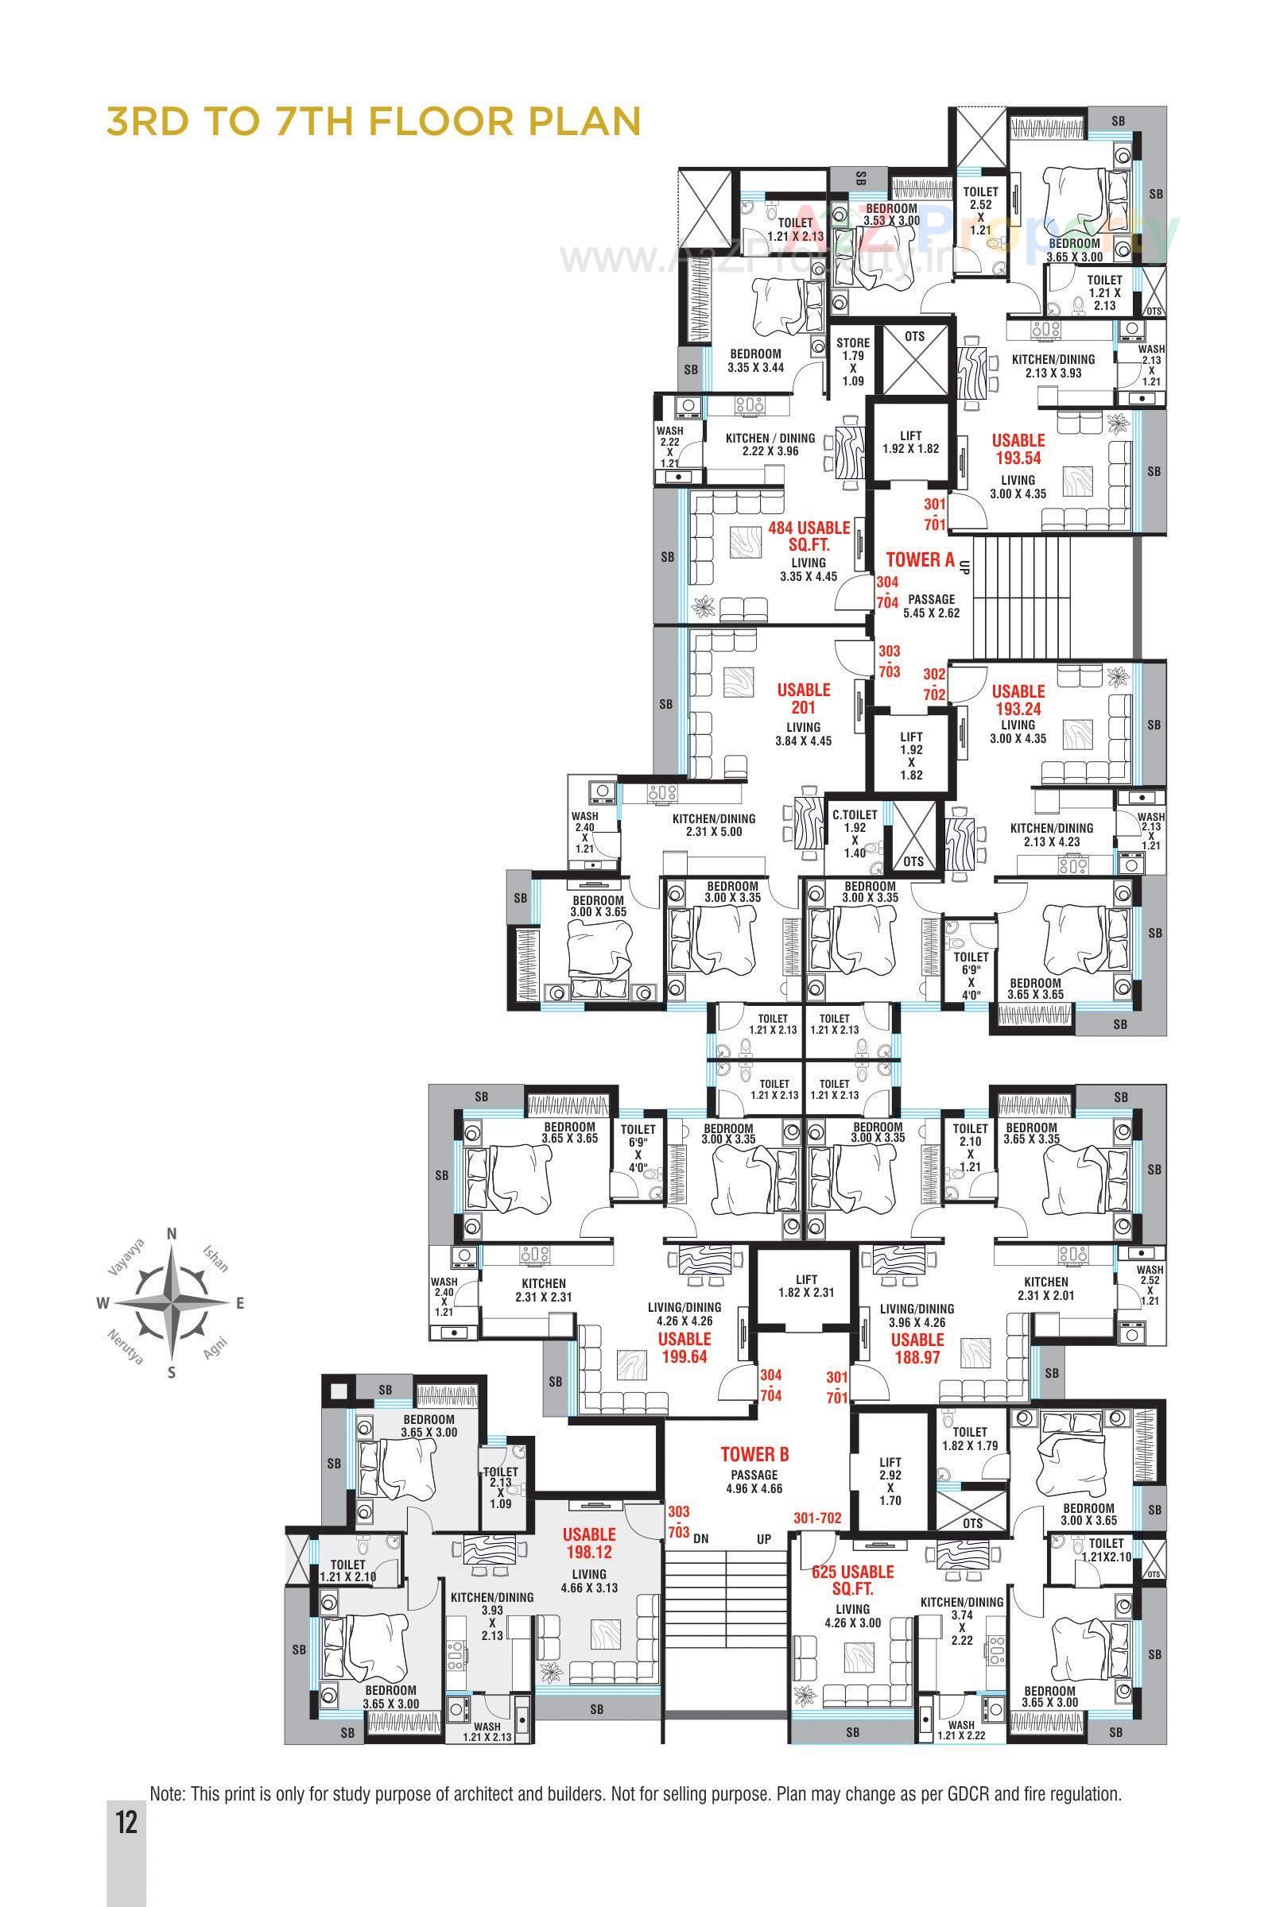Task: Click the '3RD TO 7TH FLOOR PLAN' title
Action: coord(373,122)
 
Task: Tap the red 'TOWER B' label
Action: coord(754,1455)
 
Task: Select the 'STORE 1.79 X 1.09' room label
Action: coord(852,362)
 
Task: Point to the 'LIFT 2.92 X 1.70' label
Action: coord(890,1481)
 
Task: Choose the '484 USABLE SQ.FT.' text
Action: coord(809,534)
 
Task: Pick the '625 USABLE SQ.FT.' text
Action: coord(852,1576)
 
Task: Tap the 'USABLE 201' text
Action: coord(803,698)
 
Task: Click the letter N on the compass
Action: coord(171,1233)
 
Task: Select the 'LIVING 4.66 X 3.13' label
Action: coord(589,1581)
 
